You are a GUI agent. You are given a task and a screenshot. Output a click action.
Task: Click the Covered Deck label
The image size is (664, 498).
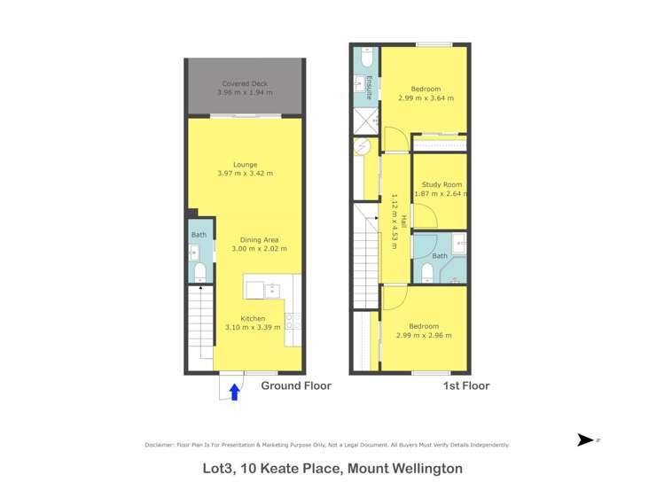tap(244, 83)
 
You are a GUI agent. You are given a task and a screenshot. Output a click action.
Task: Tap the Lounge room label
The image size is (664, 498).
tap(245, 164)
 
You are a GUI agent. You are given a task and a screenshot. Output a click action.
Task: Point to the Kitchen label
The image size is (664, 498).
tap(253, 318)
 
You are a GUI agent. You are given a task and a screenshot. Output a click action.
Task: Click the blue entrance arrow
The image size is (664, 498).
tap(234, 391)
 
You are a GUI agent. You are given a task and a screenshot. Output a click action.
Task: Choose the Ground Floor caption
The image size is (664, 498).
tap(295, 386)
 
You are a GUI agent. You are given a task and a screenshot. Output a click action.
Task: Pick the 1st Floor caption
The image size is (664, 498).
tap(465, 386)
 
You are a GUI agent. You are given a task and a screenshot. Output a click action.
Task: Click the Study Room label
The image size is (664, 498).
tap(441, 184)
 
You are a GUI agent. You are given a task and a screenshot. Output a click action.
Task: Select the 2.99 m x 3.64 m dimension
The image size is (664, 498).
tap(426, 98)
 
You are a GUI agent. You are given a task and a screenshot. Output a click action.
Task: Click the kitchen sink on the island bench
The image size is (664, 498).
tap(271, 289)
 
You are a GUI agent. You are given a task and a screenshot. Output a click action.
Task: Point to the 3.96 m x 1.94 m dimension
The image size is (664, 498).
tap(245, 92)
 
